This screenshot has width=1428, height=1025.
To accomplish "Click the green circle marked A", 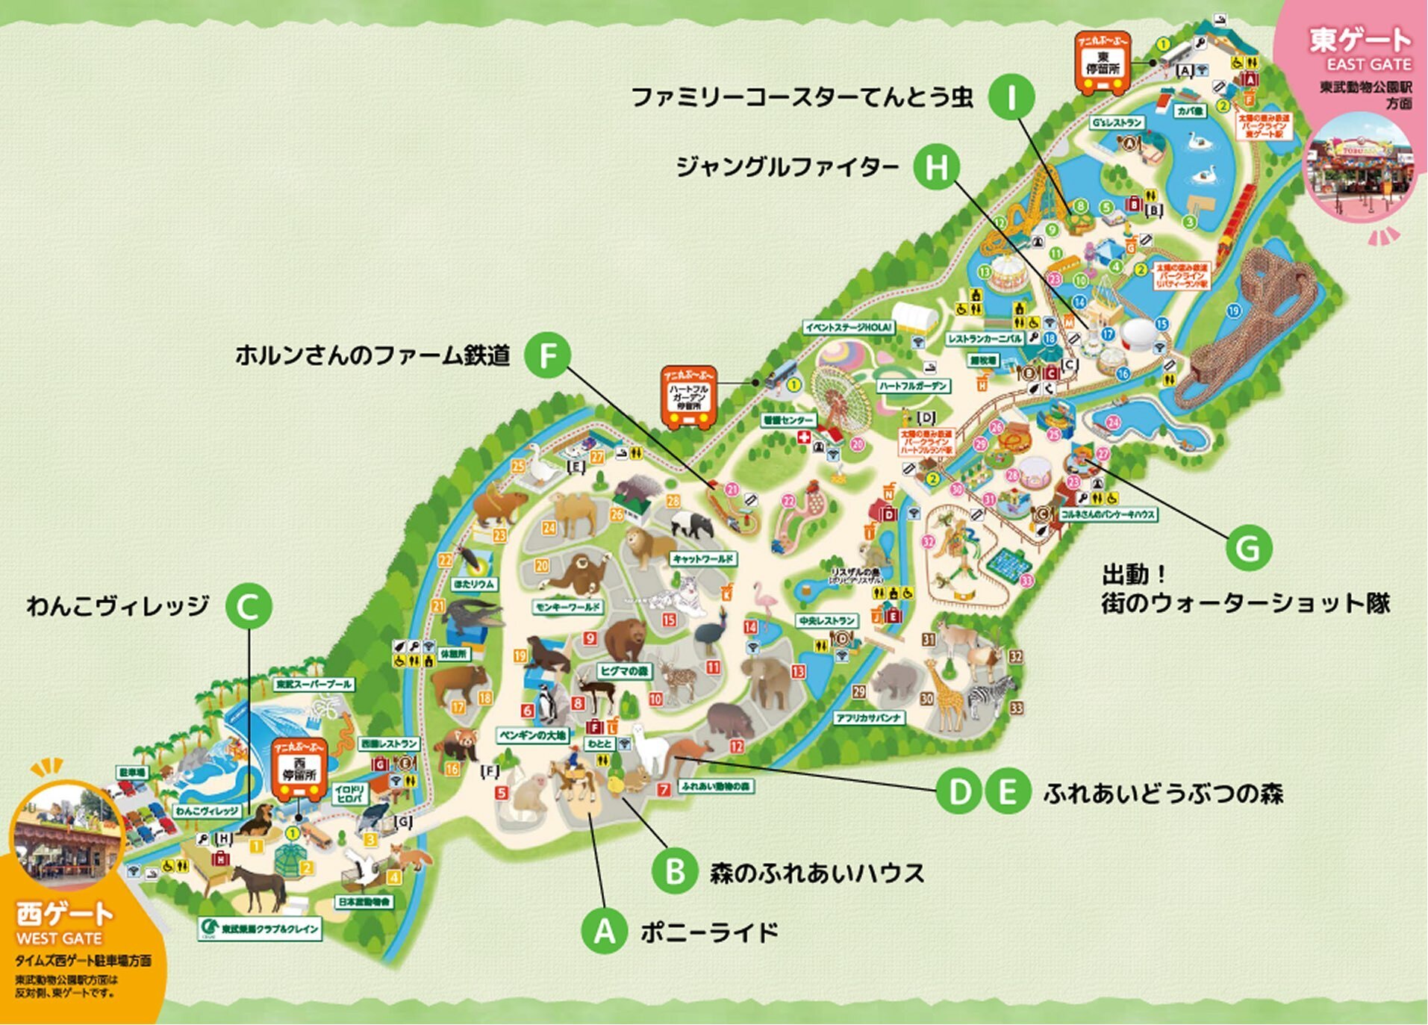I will [x=604, y=932].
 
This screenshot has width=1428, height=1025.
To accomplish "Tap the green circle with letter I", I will [x=1011, y=97].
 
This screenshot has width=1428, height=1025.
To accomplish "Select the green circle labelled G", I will [x=1248, y=549].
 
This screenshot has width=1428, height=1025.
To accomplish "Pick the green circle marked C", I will [x=249, y=605].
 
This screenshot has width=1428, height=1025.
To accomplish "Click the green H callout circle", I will [x=936, y=166].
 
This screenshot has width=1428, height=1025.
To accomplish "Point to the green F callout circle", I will [x=547, y=355].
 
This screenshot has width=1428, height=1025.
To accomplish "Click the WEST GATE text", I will [x=59, y=938].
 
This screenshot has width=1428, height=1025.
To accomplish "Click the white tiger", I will [x=676, y=597].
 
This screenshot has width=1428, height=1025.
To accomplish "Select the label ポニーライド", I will [x=708, y=932].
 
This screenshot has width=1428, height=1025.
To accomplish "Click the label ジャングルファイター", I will [x=787, y=167].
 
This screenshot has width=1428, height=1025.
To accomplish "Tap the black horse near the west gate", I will [x=258, y=885].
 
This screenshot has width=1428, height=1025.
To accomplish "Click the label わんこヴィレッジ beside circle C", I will [x=118, y=605].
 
